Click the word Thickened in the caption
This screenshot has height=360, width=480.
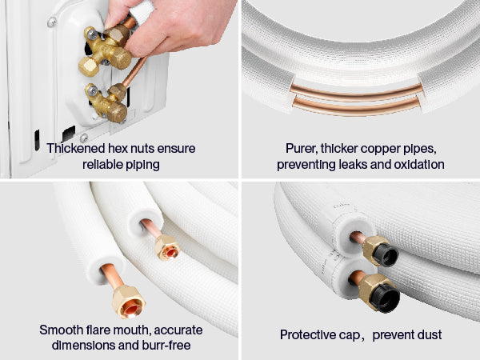(x=76, y=149)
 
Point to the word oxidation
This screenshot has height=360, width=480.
(x=419, y=165)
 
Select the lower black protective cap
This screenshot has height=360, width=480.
(x=388, y=298)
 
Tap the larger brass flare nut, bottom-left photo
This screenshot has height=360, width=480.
(x=128, y=302)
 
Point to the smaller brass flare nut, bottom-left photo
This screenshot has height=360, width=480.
(x=167, y=247)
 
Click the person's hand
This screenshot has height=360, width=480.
(x=167, y=26)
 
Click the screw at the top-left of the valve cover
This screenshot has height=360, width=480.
(x=52, y=22)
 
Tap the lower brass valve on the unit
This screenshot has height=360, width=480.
(x=107, y=102)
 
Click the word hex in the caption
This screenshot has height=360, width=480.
(x=118, y=149)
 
